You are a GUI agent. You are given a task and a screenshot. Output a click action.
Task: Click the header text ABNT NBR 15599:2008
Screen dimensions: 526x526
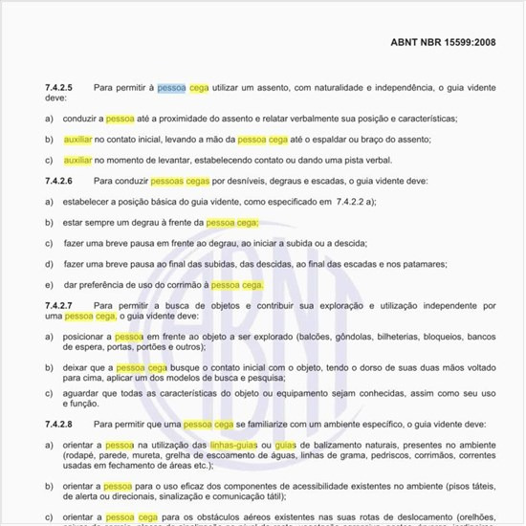(444, 43)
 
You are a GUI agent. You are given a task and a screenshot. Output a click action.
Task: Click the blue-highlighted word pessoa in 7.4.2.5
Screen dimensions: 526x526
(172, 87)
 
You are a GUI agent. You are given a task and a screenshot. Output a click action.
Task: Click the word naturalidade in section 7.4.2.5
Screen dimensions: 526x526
(305, 87)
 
